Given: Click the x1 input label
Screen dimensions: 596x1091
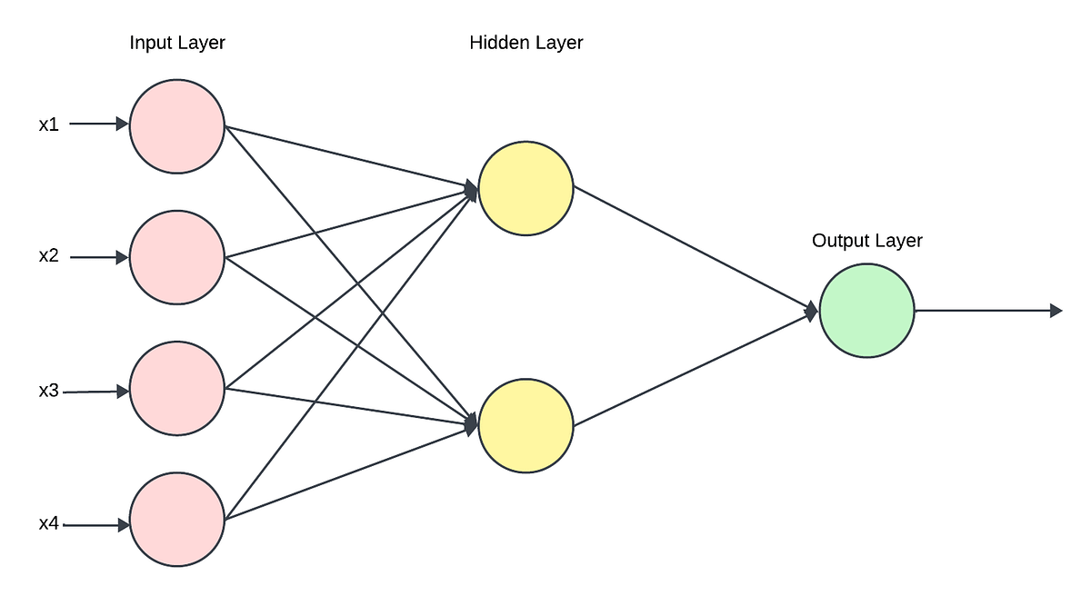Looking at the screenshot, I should [49, 125].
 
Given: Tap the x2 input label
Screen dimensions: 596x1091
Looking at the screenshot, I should [49, 256].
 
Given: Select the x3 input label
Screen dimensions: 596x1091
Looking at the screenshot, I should [49, 391].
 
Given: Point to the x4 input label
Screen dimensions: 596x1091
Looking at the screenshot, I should [49, 524].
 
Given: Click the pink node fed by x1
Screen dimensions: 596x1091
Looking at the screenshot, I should [177, 125].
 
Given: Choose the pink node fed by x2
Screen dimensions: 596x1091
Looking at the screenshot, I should [177, 257].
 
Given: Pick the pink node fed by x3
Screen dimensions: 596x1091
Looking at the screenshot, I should [177, 389].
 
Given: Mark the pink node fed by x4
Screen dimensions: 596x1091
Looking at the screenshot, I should [177, 521].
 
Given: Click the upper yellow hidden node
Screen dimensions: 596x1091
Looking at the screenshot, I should [525, 188].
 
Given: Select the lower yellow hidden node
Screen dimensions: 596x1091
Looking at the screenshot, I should [525, 426].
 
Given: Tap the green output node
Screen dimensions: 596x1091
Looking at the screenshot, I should [866, 311].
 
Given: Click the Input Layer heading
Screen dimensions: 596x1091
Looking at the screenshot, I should [177, 43].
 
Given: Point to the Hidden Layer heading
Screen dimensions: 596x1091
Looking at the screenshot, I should [526, 43].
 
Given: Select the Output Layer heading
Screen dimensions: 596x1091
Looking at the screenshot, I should [866, 241].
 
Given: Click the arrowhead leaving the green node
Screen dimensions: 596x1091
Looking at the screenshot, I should [1056, 311].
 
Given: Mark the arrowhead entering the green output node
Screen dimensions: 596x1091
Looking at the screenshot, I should [812, 312].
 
